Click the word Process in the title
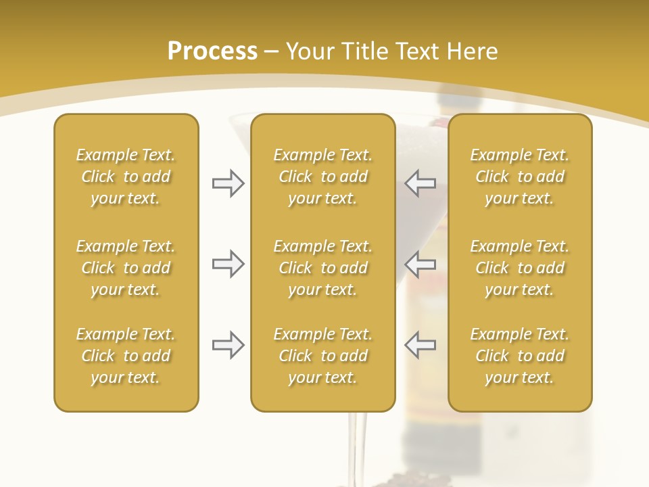pyautogui.click(x=212, y=51)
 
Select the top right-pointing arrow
pyautogui.click(x=228, y=183)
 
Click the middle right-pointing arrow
pyautogui.click(x=228, y=264)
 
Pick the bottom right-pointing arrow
pyautogui.click(x=228, y=346)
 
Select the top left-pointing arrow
pyautogui.click(x=420, y=183)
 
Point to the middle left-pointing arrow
pyautogui.click(x=420, y=264)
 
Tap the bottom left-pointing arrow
pyautogui.click(x=420, y=346)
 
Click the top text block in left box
pyautogui.click(x=126, y=177)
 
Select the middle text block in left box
pyautogui.click(x=126, y=268)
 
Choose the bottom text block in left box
pyautogui.click(x=126, y=356)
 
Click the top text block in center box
pyautogui.click(x=322, y=177)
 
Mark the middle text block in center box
pyautogui.click(x=322, y=268)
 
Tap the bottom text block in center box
pyautogui.click(x=322, y=356)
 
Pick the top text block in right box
pyautogui.click(x=519, y=177)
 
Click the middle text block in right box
pyautogui.click(x=519, y=268)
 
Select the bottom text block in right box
pyautogui.click(x=519, y=356)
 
